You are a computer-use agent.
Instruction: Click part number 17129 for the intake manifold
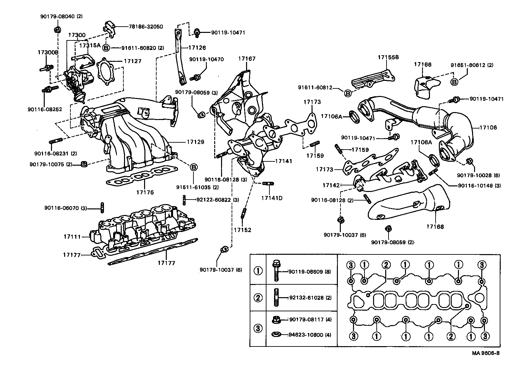(195, 142)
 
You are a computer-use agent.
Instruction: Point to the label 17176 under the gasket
(145, 192)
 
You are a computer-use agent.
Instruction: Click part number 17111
(72, 236)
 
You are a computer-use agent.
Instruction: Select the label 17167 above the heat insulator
(247, 59)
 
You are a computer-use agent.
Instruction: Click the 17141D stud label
(272, 198)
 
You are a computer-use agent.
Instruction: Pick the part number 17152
(242, 230)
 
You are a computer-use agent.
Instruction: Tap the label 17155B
(388, 57)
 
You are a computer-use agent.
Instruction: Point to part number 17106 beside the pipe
(488, 128)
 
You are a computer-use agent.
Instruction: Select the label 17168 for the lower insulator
(435, 226)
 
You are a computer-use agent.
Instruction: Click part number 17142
(331, 185)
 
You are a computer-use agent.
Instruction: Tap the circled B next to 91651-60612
(454, 82)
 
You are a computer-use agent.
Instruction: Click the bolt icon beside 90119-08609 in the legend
(276, 271)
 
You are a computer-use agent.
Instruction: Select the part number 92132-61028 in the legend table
(310, 297)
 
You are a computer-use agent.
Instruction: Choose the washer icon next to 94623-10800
(276, 335)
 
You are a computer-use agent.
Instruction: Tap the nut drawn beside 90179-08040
(56, 30)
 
